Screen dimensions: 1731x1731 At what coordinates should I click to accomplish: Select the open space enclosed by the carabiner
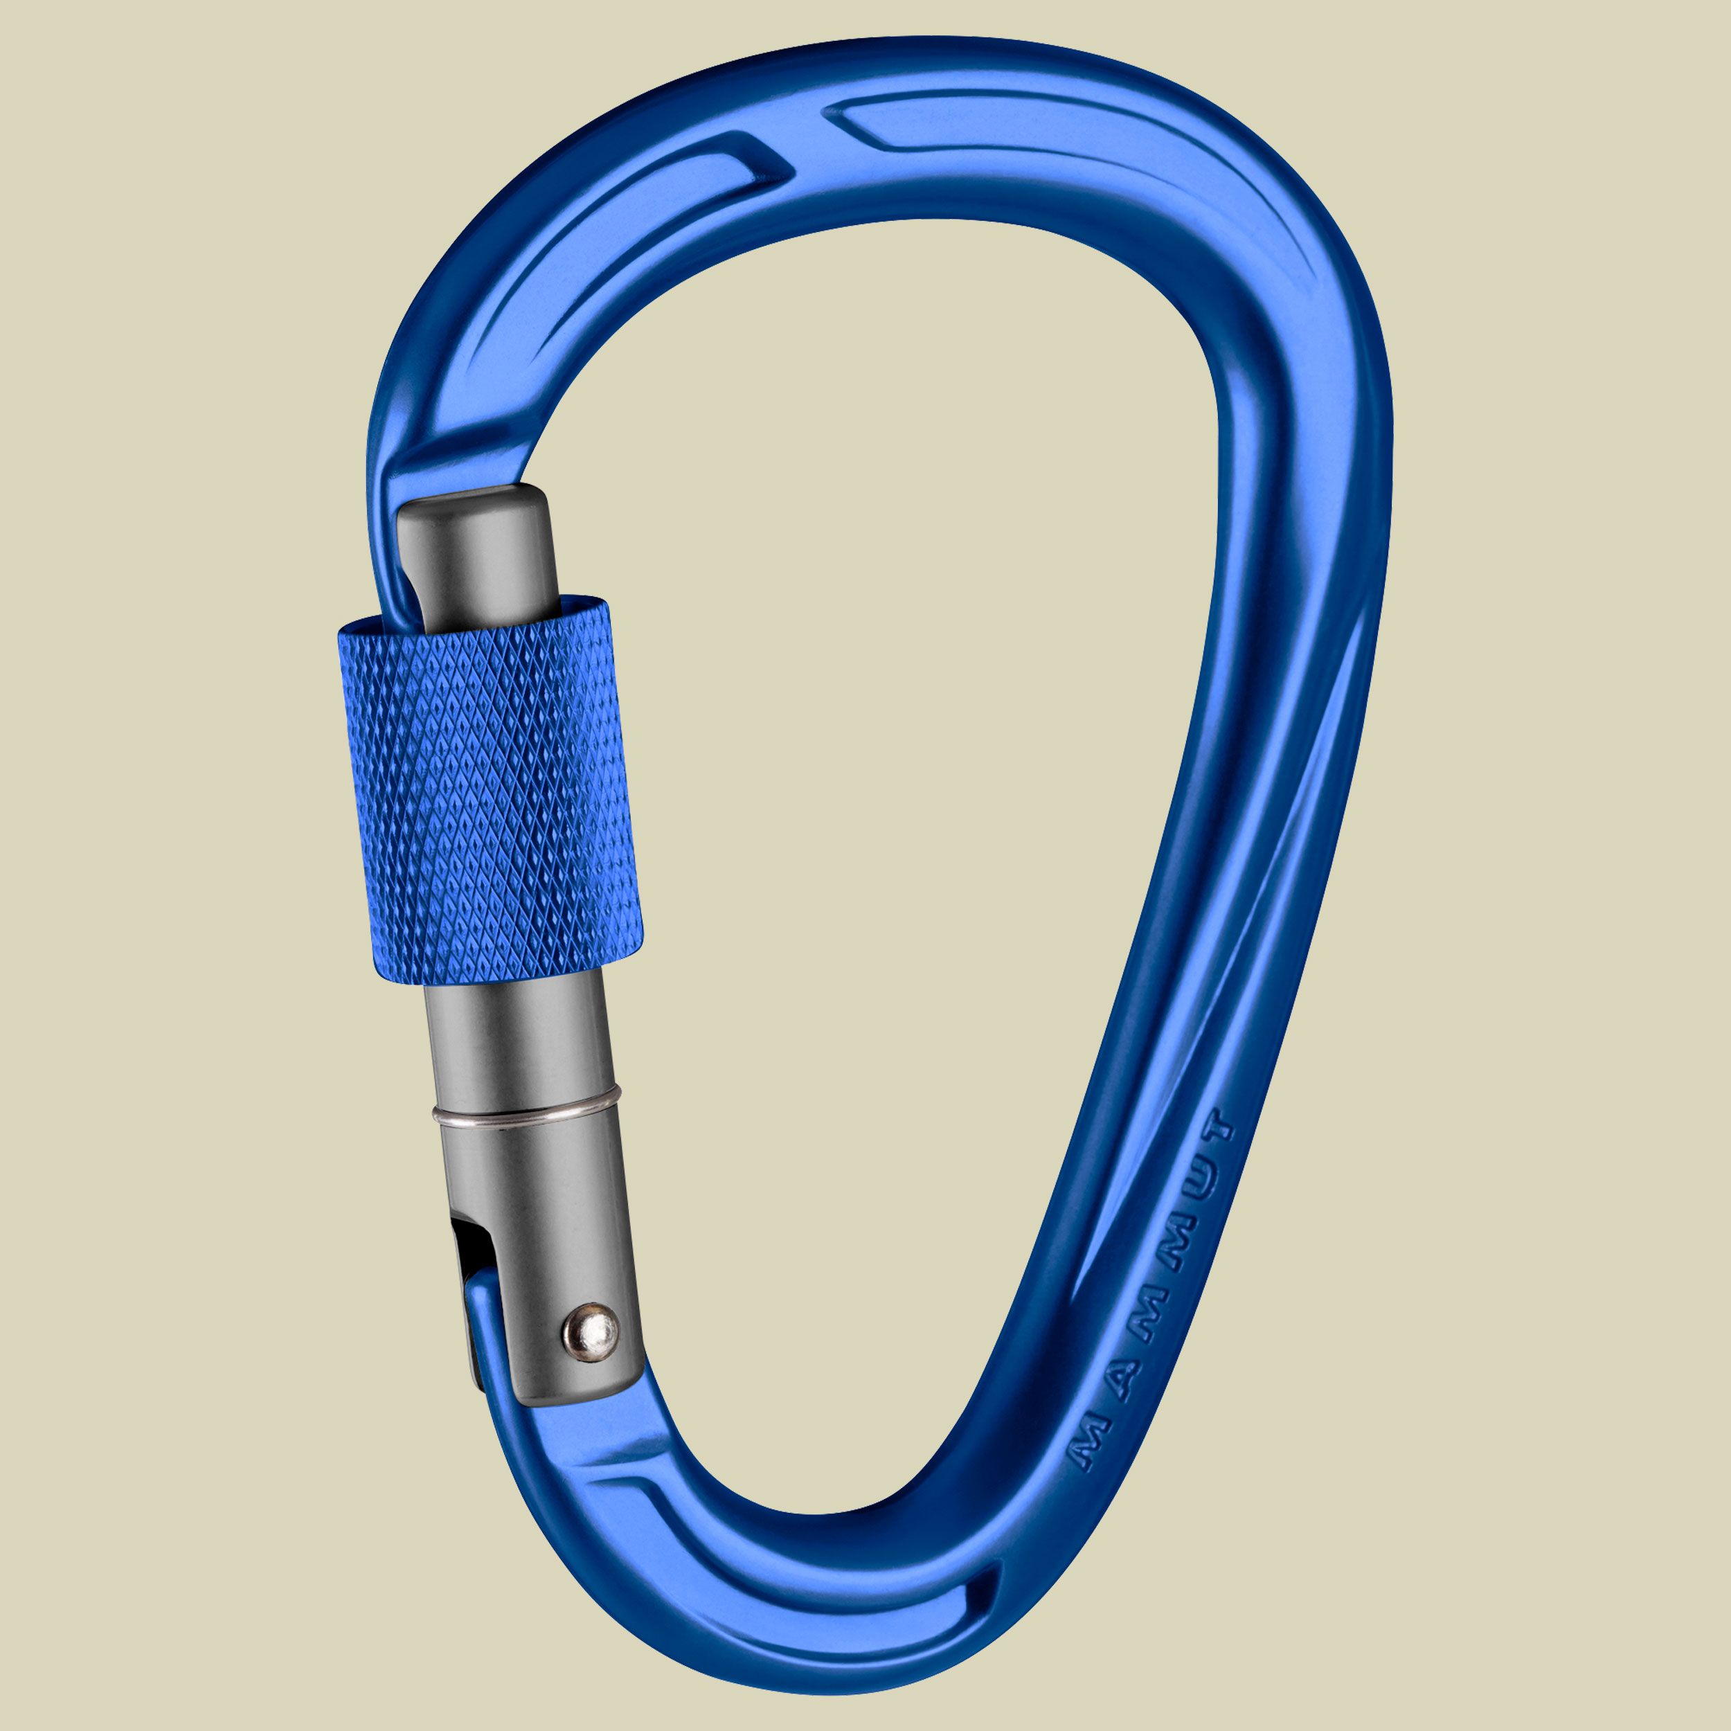click(x=896, y=717)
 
